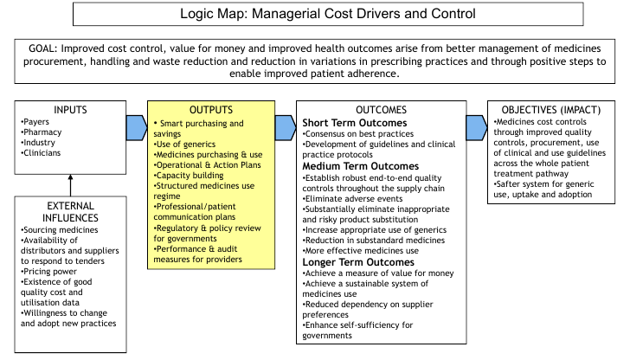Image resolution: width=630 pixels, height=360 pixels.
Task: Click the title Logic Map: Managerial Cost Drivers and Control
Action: (327, 14)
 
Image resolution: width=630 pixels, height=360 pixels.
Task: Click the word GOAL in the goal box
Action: (42, 48)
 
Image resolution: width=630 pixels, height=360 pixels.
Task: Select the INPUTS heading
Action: (70, 110)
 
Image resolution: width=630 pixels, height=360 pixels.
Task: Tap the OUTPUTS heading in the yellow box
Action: (211, 110)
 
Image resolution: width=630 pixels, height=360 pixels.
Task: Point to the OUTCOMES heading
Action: (381, 110)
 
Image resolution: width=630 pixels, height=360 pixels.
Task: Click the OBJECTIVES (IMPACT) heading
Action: (551, 110)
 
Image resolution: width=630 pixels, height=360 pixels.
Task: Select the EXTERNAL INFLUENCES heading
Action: (70, 212)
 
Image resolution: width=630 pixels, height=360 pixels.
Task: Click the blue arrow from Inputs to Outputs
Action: (137, 128)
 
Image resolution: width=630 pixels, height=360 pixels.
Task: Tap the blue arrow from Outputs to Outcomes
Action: (286, 128)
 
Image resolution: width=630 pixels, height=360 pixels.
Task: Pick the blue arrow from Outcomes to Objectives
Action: (477, 128)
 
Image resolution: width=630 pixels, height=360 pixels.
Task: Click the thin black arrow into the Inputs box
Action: (70, 185)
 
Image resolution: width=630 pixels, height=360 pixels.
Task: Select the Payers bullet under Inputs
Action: (35, 122)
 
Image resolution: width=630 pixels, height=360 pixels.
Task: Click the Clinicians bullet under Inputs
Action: (41, 152)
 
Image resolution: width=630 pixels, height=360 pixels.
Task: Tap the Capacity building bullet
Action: (189, 176)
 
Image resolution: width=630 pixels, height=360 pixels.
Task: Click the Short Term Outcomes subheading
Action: (355, 123)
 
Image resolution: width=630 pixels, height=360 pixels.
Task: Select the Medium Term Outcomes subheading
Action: (360, 166)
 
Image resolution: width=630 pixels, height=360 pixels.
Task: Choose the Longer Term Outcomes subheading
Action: (358, 262)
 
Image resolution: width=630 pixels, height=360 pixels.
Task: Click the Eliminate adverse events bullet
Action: (352, 199)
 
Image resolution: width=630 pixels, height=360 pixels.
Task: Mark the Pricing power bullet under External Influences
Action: (48, 272)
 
